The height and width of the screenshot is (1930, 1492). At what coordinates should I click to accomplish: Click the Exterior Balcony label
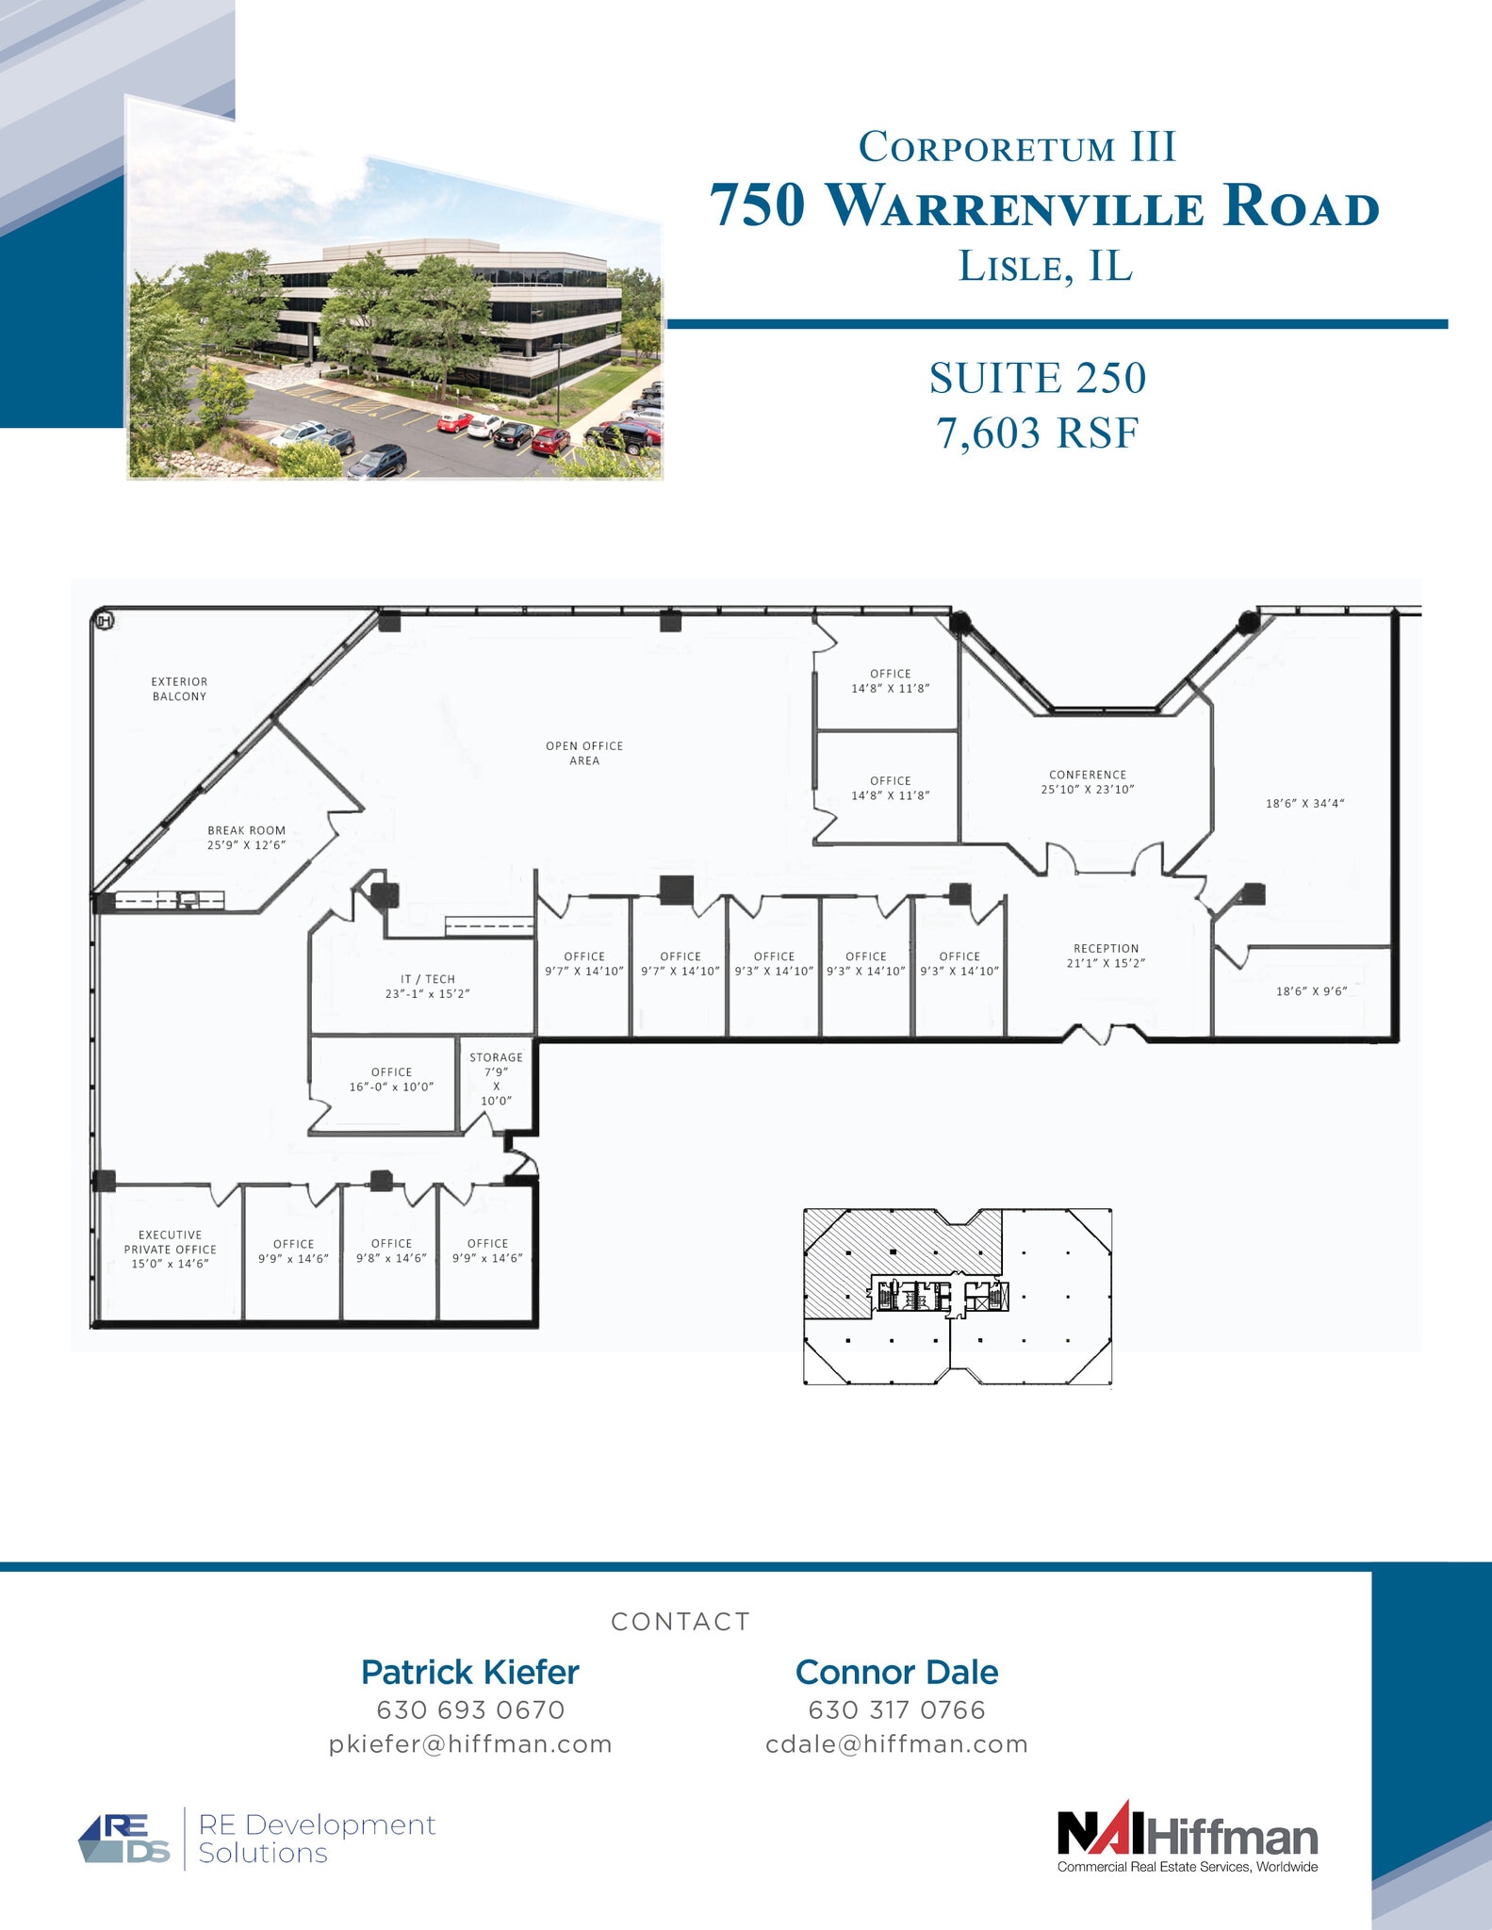click(x=179, y=689)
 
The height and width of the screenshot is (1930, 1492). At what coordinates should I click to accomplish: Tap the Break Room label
click(x=246, y=831)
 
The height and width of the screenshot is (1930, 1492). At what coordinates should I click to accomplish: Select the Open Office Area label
click(x=584, y=753)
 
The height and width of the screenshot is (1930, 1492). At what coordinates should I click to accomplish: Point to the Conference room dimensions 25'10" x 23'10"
click(x=1088, y=790)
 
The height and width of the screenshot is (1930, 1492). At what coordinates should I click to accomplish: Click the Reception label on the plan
click(x=1106, y=949)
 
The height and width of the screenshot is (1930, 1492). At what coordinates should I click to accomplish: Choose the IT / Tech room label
click(x=427, y=979)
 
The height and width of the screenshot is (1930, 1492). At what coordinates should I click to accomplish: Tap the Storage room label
click(x=496, y=1057)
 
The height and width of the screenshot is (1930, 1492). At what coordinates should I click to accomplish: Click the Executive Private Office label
click(x=171, y=1242)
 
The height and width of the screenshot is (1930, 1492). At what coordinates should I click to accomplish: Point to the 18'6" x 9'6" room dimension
click(x=1311, y=991)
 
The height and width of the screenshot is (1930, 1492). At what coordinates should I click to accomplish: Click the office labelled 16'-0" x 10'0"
click(x=391, y=1080)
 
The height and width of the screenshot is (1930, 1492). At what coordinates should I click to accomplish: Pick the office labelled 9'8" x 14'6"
click(x=391, y=1251)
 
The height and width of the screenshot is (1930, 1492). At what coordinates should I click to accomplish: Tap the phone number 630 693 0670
click(x=470, y=1709)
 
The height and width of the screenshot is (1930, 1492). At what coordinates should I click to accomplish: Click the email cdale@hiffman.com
click(x=896, y=1744)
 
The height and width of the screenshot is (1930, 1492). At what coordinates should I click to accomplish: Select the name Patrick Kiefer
click(x=470, y=1672)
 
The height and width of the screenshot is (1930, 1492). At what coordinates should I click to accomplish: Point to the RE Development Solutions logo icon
click(x=124, y=1839)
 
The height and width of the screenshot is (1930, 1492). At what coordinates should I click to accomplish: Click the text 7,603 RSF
click(x=1038, y=433)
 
